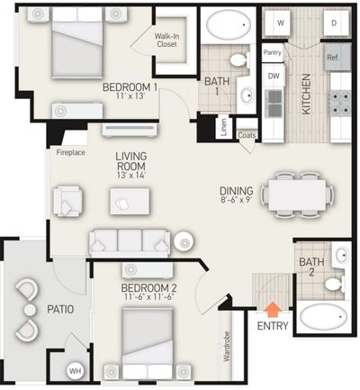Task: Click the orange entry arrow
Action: coord(273,309)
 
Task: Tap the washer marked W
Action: coord(280,23)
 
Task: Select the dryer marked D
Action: coord(334,23)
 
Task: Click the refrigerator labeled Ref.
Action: coord(337,57)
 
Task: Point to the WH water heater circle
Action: coord(75,371)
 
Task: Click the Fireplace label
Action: coord(71,152)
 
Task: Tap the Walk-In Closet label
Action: coord(166,41)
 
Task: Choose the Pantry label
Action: coord(273,52)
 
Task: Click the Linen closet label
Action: coord(224,128)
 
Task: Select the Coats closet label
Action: coord(247,135)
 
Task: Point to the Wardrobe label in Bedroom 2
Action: coord(227,346)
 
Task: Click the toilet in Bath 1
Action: coord(239,59)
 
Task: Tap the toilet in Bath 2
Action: coord(335,284)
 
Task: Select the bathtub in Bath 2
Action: coord(322,317)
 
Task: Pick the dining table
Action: coord(297,195)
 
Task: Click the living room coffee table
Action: coord(130,201)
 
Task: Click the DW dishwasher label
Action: coord(274,76)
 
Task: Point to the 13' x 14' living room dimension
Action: coord(131,176)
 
